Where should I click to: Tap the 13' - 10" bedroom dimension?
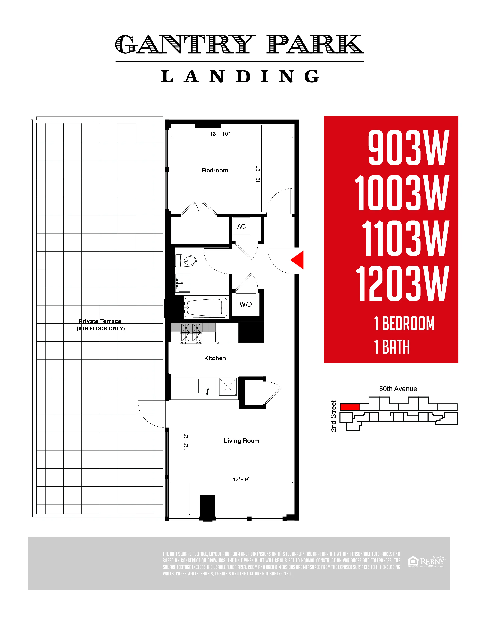[x=220, y=134]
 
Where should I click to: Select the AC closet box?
[x=241, y=226]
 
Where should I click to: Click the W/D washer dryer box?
[x=246, y=304]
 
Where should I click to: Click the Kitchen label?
[x=215, y=358]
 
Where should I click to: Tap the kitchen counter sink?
[x=207, y=386]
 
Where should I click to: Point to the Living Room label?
[x=241, y=441]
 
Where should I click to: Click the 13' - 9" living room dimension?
[x=241, y=479]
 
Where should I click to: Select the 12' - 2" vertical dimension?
[x=186, y=441]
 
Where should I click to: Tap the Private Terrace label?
[x=100, y=321]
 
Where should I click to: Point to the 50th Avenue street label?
[x=398, y=389]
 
